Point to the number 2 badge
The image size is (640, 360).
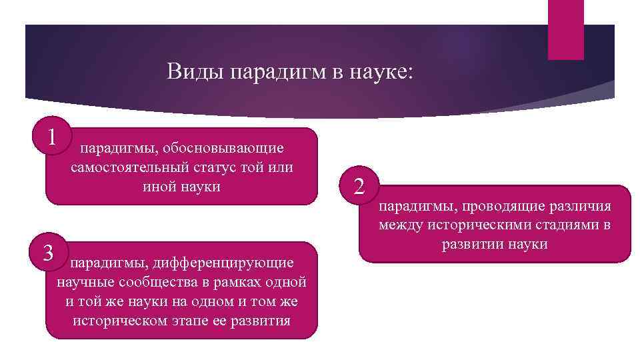359,186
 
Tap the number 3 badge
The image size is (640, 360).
48,253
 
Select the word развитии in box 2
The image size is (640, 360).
476,244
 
